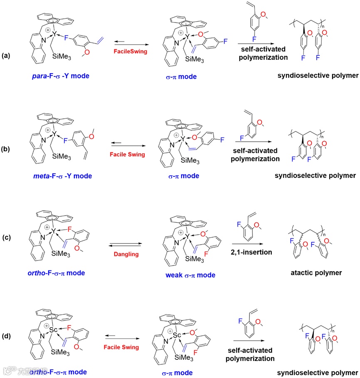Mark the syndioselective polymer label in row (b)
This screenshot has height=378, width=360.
pyautogui.click(x=315, y=175)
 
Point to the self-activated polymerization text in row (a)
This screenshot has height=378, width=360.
pyautogui.click(x=263, y=53)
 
